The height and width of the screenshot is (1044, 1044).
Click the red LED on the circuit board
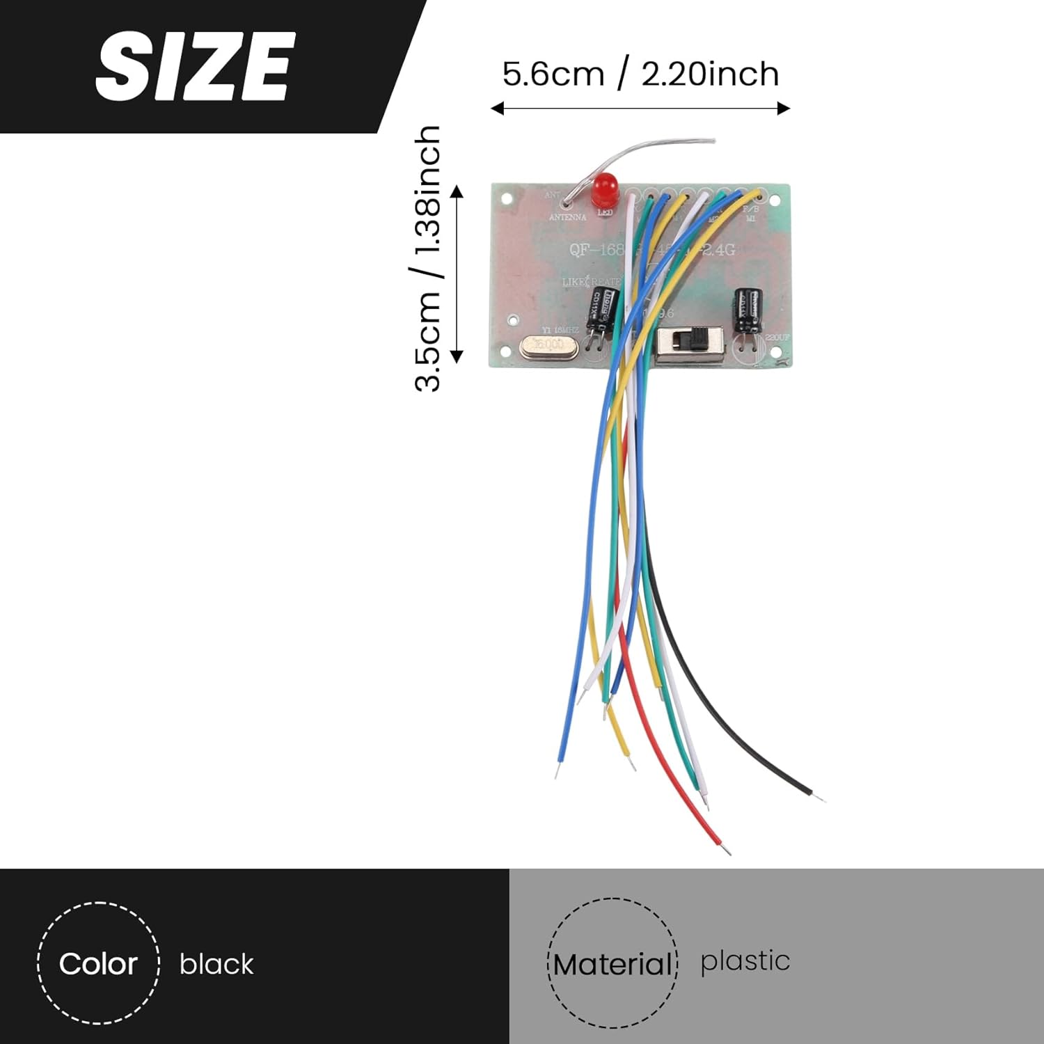[605, 189]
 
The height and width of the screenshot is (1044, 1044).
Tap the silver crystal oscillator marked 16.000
[549, 345]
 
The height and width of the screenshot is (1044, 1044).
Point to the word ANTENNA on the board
[568, 217]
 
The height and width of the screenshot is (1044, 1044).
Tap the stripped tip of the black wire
[819, 797]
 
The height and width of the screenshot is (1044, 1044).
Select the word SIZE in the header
[193, 67]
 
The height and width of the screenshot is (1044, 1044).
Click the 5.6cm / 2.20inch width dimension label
[640, 74]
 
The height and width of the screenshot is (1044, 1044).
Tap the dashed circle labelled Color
[98, 964]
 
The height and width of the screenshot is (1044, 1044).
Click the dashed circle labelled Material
[612, 964]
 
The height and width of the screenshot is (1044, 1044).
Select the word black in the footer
[216, 965]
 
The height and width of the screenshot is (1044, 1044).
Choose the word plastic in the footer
[745, 961]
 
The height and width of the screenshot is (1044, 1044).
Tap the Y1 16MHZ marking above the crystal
[560, 330]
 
